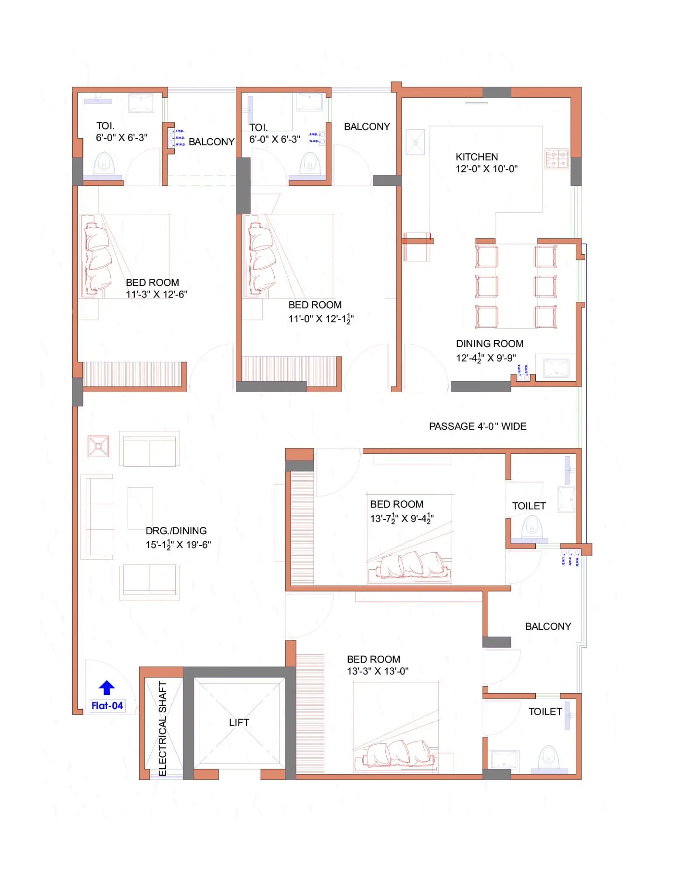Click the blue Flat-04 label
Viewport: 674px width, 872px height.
[x=107, y=705]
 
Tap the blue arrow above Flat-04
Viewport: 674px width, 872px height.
[x=107, y=687]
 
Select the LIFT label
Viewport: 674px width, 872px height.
[x=239, y=722]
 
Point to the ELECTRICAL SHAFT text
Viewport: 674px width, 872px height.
[x=163, y=728]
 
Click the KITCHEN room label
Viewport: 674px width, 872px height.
[x=477, y=157]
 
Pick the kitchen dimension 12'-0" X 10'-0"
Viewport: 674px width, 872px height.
[x=487, y=169]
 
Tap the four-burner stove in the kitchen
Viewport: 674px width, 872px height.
[x=557, y=159]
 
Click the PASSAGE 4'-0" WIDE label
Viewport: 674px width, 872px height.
[x=477, y=426]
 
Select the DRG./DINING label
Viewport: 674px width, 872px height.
[x=176, y=530]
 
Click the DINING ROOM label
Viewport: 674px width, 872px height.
[x=490, y=344]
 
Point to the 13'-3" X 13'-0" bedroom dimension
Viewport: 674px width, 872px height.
[x=378, y=671]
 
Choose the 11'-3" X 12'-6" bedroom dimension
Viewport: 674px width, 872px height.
[x=157, y=294]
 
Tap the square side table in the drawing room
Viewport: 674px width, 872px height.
[x=99, y=446]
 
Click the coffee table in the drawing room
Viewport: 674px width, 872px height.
[x=140, y=508]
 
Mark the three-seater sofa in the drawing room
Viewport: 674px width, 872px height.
[x=100, y=517]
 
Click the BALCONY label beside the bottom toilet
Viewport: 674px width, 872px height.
[x=548, y=626]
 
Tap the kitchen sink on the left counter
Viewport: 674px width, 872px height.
[x=415, y=142]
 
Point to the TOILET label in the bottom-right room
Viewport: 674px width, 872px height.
[x=545, y=711]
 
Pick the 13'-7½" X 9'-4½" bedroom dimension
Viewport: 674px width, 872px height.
[x=402, y=518]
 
